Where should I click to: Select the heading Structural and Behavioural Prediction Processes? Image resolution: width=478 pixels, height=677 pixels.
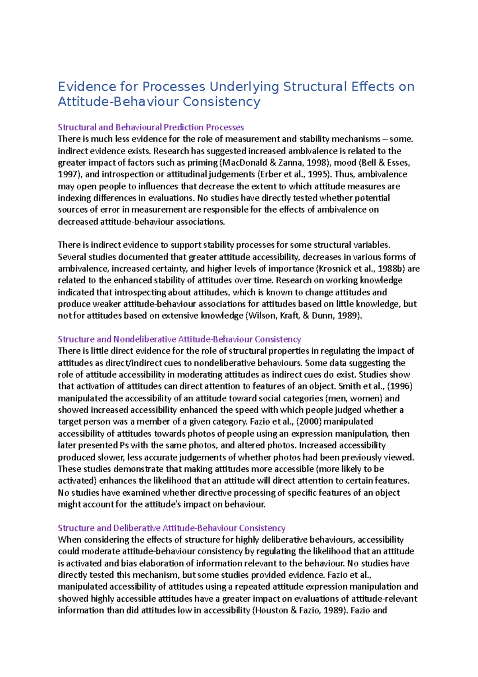pyautogui.click(x=151, y=127)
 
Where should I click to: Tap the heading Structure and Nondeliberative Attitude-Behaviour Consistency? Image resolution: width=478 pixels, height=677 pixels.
pyautogui.click(x=179, y=339)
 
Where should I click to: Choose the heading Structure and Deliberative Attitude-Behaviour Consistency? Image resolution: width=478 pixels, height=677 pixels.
pyautogui.click(x=171, y=528)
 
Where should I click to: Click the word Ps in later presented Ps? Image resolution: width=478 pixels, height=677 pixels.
pyautogui.click(x=124, y=445)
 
